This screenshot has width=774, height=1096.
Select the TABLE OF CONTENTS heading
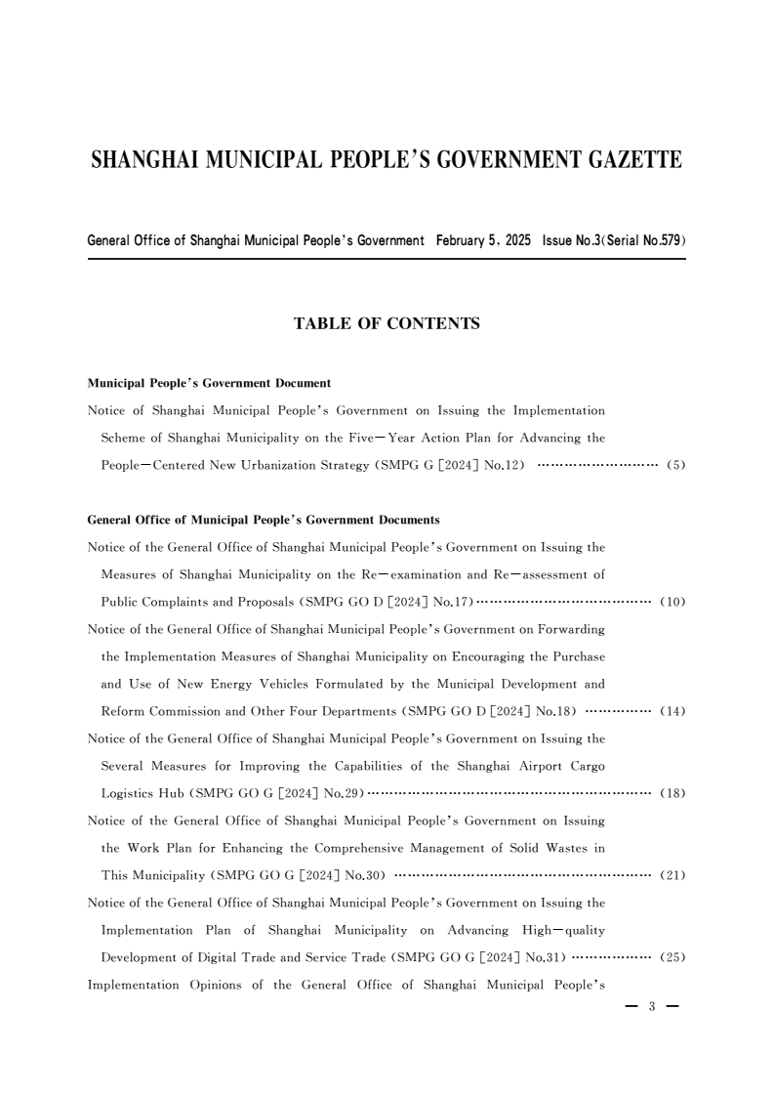coord(387,323)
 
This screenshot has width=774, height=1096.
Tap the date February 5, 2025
coord(484,240)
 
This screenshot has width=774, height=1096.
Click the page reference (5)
coord(675,465)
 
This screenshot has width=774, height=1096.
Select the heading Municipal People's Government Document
coord(209,383)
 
